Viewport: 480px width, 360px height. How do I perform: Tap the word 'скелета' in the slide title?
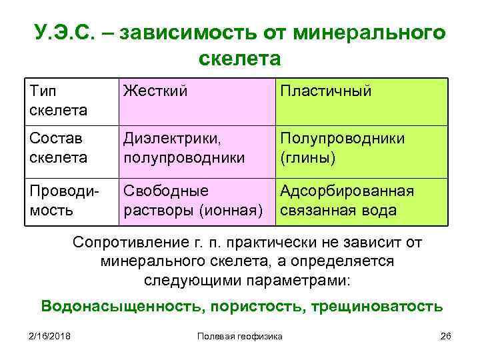coord(240,59)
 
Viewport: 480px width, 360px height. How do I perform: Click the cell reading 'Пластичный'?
coord(325,90)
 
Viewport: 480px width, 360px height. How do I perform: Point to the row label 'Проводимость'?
coord(63,201)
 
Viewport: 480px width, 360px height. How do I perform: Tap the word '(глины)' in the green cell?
coord(308,158)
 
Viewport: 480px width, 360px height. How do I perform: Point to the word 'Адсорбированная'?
coord(347,191)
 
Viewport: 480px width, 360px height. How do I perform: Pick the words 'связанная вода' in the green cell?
coord(338,211)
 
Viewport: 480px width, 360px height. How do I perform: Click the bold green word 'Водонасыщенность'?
coord(123,306)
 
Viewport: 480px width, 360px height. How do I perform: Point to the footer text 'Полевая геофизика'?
coord(240,336)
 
